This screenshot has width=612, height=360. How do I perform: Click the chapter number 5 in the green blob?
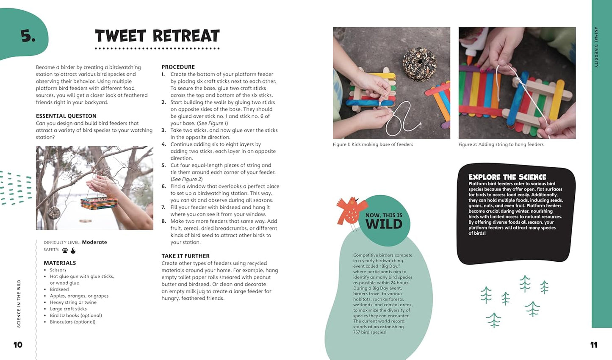point(28,36)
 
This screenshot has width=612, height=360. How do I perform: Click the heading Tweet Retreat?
point(157,36)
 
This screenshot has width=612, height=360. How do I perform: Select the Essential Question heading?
point(66,116)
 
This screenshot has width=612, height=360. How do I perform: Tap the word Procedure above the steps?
point(178,67)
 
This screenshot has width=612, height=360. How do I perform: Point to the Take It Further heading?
point(185,256)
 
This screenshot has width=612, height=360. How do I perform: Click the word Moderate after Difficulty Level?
point(94,242)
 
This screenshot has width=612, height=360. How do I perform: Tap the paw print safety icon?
point(65,250)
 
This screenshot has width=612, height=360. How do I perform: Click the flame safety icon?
point(73,250)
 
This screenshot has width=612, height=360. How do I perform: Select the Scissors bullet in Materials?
point(58,270)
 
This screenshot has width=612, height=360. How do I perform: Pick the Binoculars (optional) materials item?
point(72,322)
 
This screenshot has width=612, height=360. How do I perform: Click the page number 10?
point(18,345)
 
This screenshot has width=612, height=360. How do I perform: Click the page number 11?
point(594,345)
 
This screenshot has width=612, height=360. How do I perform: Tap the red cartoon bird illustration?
point(349,211)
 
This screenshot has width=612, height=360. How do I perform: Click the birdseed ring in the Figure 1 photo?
point(419,63)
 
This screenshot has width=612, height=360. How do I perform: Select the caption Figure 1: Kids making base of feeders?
point(373,144)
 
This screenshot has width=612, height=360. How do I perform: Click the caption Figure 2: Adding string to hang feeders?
point(501,144)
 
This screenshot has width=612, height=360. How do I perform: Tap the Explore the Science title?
point(507,177)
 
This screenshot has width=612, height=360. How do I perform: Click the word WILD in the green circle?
point(384,224)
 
